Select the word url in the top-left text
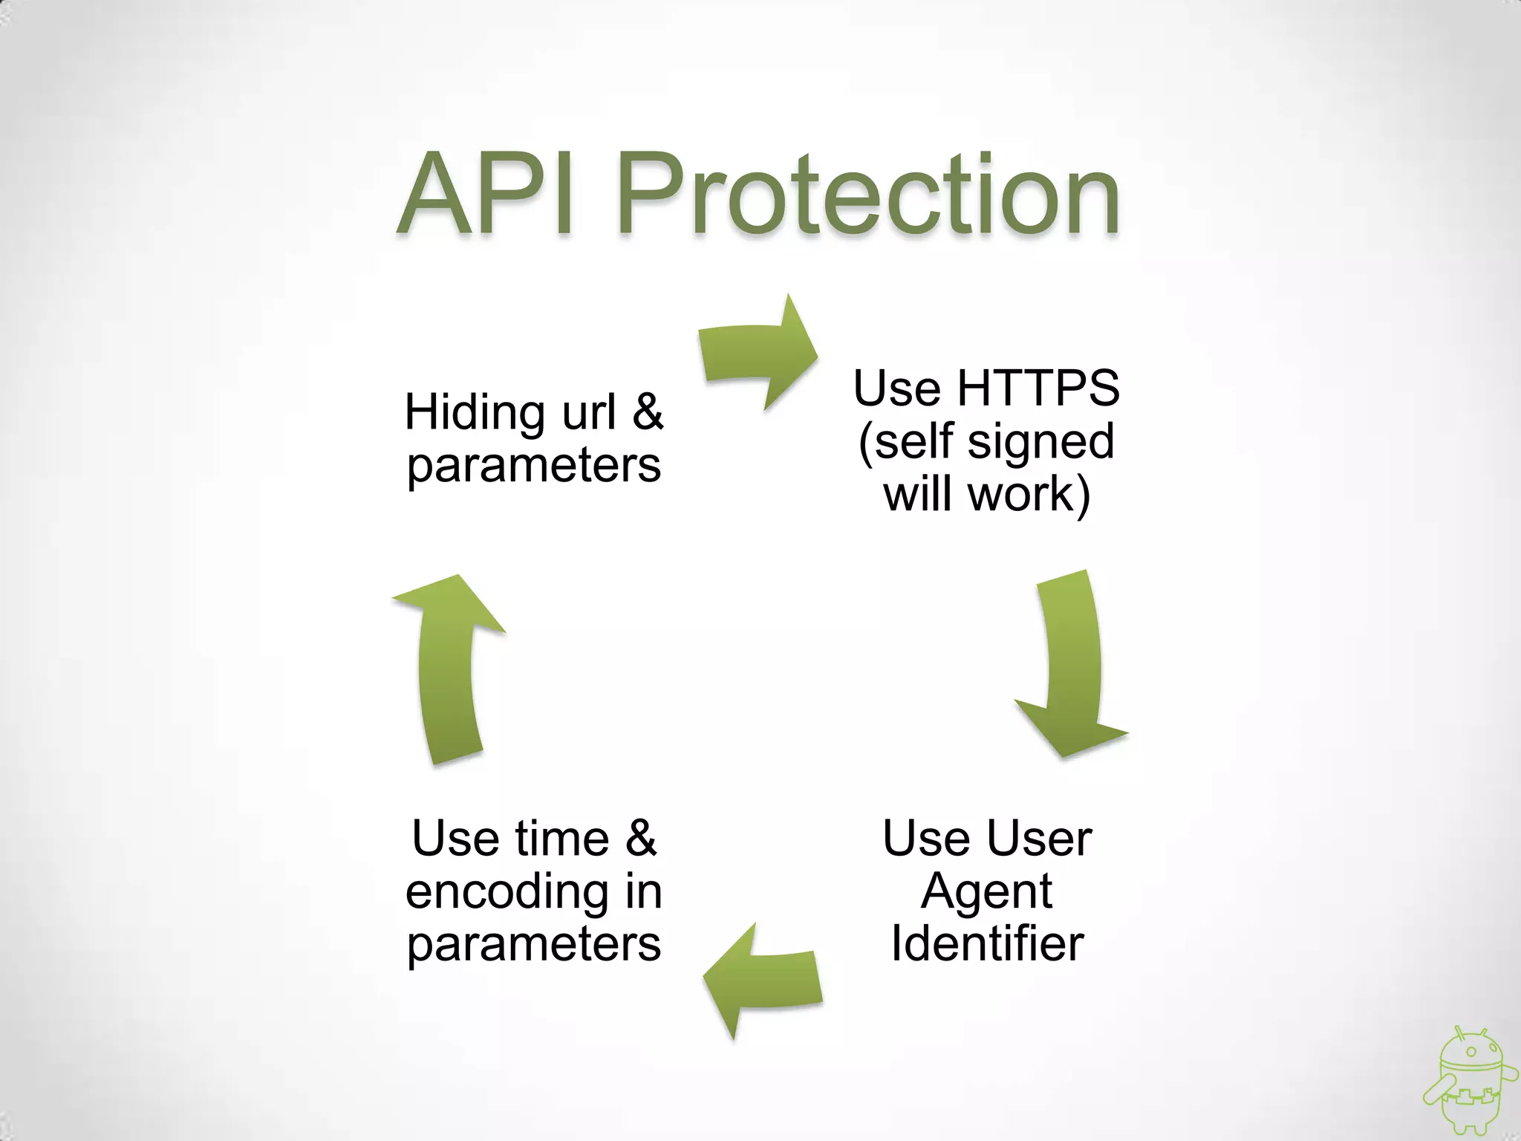coord(588,413)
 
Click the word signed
coord(1041,441)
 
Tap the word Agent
coord(986,891)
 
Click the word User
coord(1040,839)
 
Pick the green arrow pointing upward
coord(448,668)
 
